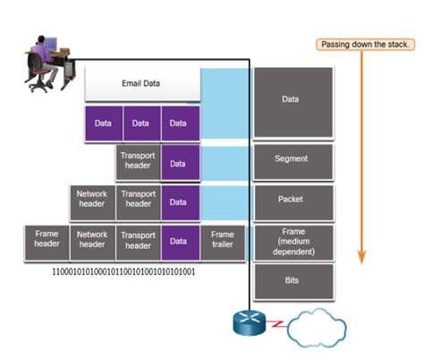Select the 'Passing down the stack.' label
(364, 45)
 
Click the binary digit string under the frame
(123, 270)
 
